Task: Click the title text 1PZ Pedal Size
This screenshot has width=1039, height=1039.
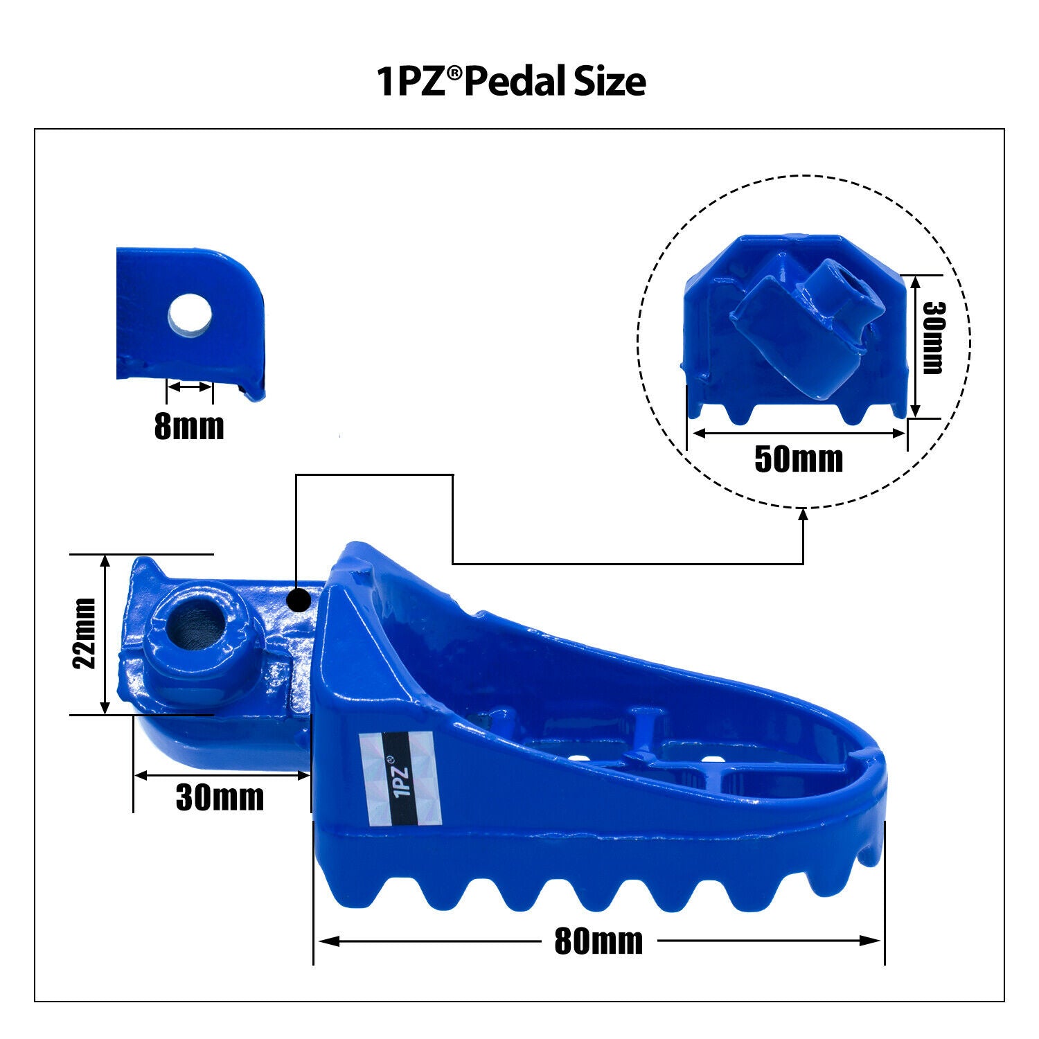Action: point(511,81)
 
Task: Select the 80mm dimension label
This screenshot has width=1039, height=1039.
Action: point(598,941)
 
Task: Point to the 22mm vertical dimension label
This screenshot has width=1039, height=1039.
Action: point(85,633)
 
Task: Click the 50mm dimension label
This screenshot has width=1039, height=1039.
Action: point(799,459)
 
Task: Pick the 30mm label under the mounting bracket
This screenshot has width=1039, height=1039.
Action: point(220,797)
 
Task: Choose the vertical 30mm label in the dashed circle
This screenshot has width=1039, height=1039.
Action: point(933,337)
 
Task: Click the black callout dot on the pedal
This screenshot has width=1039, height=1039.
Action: point(299,601)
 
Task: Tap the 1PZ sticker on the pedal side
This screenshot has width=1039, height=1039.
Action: point(401,779)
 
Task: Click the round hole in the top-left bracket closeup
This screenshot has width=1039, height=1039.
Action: point(190,315)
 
